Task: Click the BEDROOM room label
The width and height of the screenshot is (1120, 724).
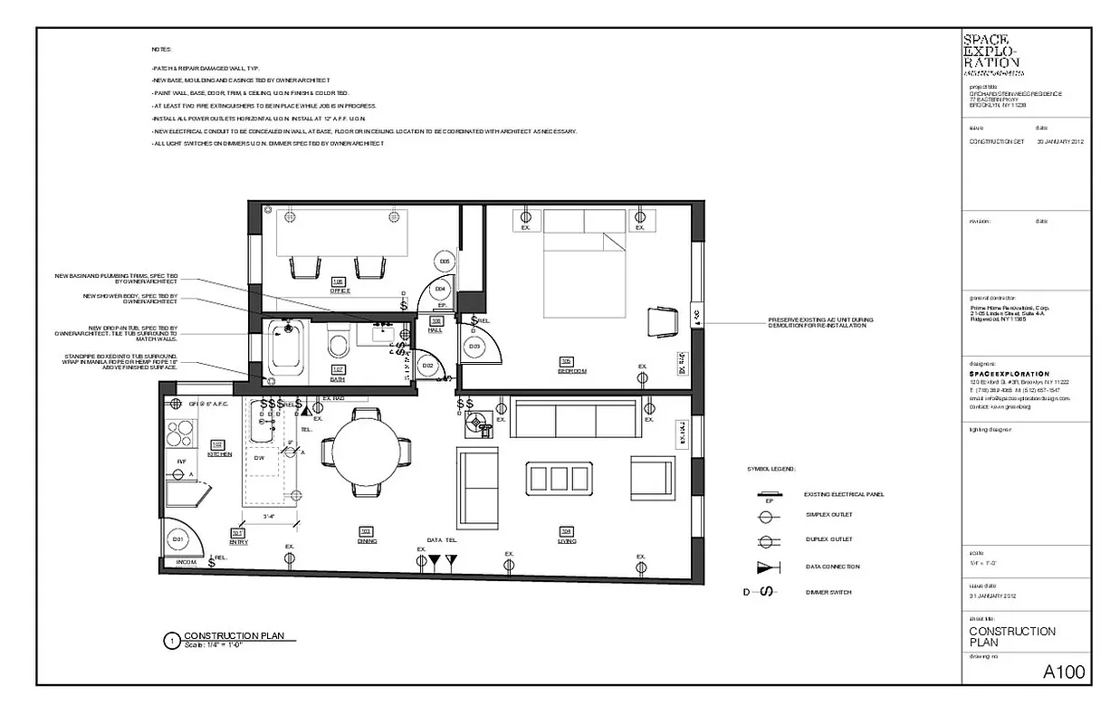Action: [572, 371]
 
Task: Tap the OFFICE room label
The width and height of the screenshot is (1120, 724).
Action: [340, 291]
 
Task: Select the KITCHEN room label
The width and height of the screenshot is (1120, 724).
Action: [219, 453]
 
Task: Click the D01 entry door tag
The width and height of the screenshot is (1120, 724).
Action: [178, 539]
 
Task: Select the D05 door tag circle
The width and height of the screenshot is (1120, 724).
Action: [445, 262]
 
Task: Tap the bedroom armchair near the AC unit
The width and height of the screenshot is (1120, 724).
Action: [662, 322]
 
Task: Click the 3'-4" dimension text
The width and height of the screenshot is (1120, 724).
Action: [269, 517]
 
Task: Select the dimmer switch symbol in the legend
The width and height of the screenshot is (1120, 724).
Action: [766, 592]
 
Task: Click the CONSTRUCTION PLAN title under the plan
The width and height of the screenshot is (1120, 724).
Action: [234, 636]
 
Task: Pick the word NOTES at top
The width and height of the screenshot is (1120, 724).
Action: [160, 49]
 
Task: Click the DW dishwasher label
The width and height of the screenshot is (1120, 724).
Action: [259, 458]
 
